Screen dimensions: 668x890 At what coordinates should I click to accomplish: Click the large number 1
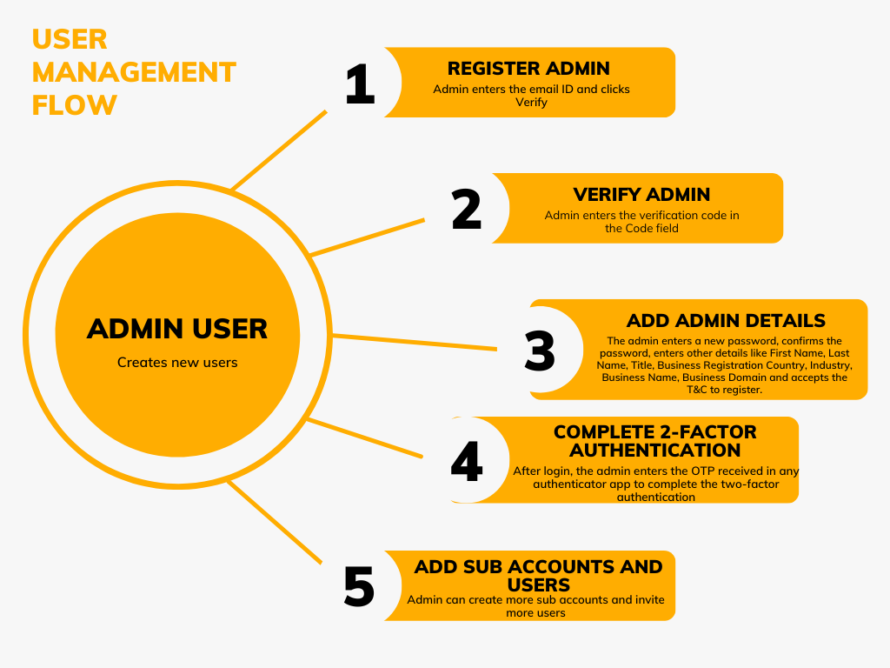coord(360,85)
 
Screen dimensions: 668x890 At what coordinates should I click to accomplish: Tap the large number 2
coord(467,210)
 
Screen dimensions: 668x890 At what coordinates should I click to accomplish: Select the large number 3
coord(540,351)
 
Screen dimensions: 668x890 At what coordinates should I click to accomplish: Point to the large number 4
coord(467,462)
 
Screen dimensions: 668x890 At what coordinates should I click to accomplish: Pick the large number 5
coord(359,587)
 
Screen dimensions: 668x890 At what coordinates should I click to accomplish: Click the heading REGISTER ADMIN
coord(528,69)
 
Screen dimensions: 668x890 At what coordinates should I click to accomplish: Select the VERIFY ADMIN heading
coord(641,195)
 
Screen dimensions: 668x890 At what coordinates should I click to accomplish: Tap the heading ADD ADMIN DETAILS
coord(726,321)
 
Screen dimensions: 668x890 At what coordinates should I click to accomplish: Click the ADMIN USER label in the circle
coord(177,329)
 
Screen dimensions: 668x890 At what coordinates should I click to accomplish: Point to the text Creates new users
coord(177,362)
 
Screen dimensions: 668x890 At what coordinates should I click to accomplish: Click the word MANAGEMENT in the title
coord(134,72)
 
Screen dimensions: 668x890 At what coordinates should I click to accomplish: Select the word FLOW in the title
coord(74,105)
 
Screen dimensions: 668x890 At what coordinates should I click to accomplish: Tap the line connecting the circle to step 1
coord(280,150)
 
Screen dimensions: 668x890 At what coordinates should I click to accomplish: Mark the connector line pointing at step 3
coord(415,342)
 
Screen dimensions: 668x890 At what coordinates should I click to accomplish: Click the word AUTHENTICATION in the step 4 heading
coord(654,451)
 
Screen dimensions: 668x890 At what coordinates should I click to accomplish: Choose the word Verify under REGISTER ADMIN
coord(531,103)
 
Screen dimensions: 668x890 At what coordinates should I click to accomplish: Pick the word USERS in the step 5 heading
coord(539,584)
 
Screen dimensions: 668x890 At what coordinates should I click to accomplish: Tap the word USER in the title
coord(70,39)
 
